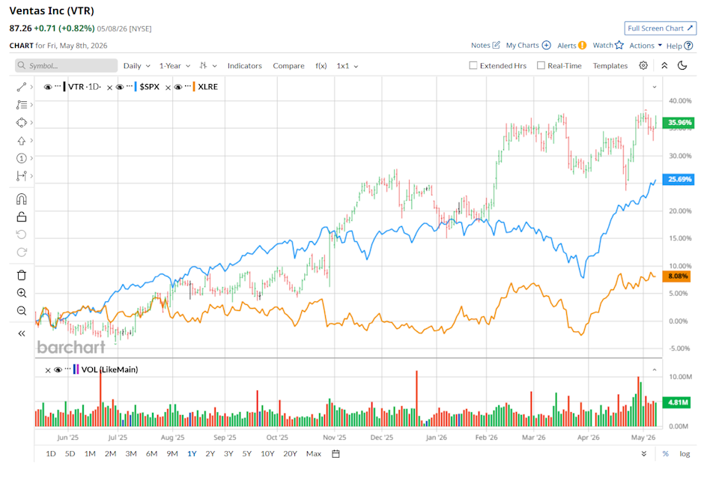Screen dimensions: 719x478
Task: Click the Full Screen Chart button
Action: [x=661, y=28]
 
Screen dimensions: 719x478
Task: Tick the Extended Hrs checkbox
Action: [x=473, y=66]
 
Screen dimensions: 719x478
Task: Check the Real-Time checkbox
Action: [x=541, y=66]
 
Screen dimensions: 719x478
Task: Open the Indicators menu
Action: [x=244, y=66]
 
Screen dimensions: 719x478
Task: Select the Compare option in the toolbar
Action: [x=288, y=66]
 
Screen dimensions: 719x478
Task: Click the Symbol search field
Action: [x=66, y=66]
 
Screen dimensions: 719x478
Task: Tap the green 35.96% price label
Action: [x=679, y=122]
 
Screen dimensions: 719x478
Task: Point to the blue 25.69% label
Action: [x=679, y=179]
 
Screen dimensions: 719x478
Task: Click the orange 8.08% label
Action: [x=677, y=276]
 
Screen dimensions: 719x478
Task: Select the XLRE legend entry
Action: [x=207, y=87]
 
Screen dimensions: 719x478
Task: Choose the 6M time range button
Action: [x=152, y=454]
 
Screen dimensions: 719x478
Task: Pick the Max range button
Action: [x=314, y=454]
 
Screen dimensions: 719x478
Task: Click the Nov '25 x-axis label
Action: [x=335, y=438]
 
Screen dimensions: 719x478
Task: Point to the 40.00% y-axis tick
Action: [x=680, y=101]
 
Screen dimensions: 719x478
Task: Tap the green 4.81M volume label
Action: [x=679, y=402]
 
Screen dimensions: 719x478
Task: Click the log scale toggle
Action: [x=685, y=454]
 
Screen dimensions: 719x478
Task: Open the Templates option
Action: [x=610, y=66]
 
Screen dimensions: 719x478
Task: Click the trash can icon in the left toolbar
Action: [x=22, y=275]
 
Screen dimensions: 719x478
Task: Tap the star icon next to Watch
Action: [x=619, y=45]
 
